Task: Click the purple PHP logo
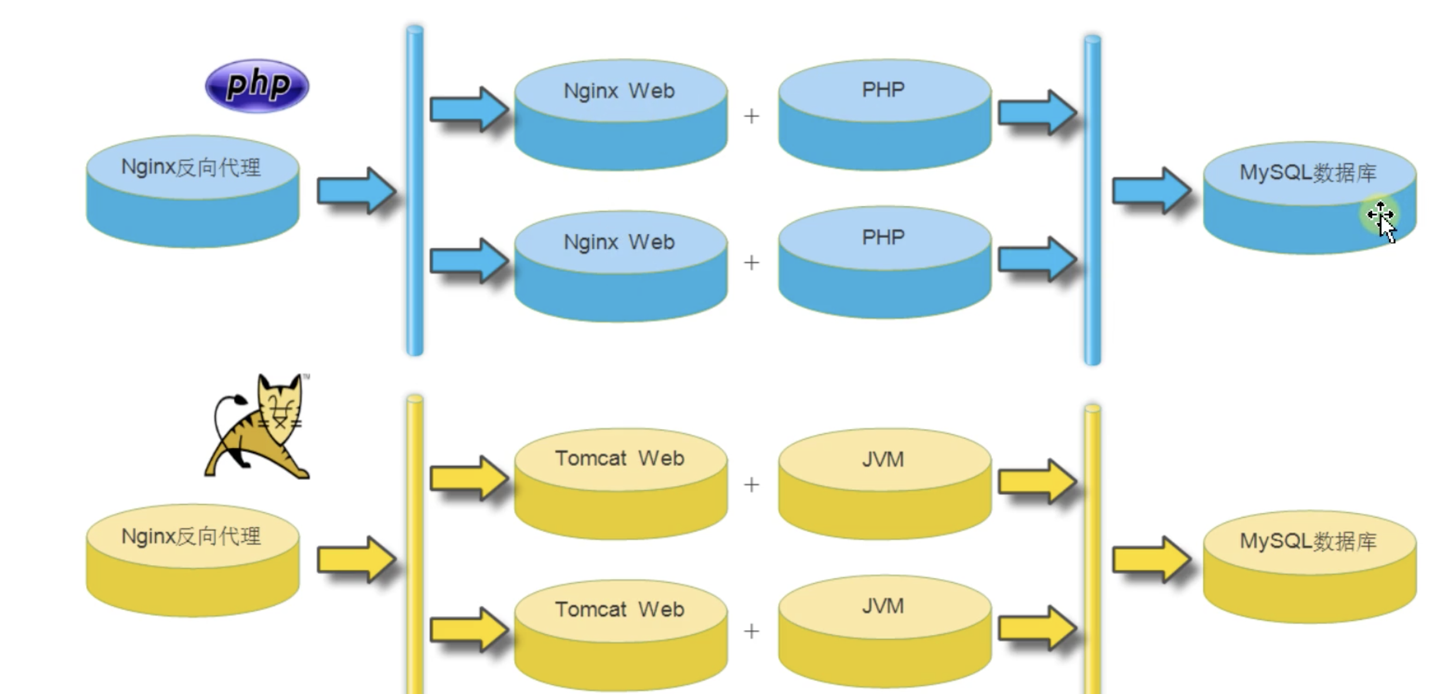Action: [257, 86]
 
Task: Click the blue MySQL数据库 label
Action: [1308, 173]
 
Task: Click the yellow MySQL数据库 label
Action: [1308, 541]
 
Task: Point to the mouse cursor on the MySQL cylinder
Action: [1383, 220]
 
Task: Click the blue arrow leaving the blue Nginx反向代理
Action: [355, 190]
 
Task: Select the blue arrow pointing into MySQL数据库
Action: [1150, 190]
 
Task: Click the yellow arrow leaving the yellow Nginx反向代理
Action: [355, 559]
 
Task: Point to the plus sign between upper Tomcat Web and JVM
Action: [751, 485]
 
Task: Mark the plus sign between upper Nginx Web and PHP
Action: [751, 116]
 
